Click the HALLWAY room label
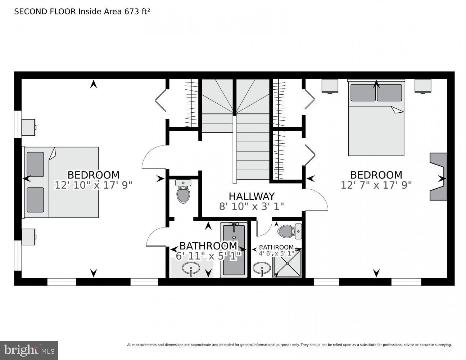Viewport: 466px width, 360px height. [x=252, y=196]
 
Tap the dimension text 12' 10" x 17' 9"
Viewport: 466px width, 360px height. [x=93, y=185]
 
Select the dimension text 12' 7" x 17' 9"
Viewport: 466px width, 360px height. [x=376, y=185]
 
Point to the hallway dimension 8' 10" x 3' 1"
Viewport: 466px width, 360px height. [x=252, y=206]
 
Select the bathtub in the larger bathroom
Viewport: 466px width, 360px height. [x=234, y=250]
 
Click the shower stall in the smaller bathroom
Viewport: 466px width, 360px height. [x=287, y=264]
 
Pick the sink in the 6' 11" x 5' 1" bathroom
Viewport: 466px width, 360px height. [x=191, y=269]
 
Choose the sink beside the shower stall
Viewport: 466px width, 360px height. [x=262, y=268]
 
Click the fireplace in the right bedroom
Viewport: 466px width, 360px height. [x=438, y=176]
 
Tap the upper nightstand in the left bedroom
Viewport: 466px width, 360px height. [x=28, y=127]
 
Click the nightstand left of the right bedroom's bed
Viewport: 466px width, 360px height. [x=330, y=86]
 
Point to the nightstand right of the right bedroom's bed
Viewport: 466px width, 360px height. [x=423, y=86]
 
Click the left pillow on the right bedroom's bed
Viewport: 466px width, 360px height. [x=363, y=93]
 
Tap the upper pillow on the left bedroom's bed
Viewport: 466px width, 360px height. [x=35, y=164]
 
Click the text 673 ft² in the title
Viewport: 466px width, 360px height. [x=137, y=12]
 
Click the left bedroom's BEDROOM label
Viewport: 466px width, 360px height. [x=93, y=175]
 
